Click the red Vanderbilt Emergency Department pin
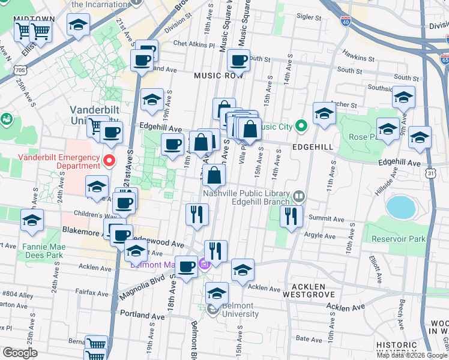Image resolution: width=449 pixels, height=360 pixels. [x=109, y=161]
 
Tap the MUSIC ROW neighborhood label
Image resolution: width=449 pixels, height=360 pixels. [x=218, y=76]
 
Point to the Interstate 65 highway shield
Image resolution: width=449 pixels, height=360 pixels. [x=445, y=59]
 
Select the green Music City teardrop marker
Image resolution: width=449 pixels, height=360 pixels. [x=301, y=126]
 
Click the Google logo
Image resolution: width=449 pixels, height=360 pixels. [x=20, y=352]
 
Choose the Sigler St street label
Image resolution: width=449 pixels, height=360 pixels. [x=310, y=18]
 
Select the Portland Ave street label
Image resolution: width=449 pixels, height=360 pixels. [x=142, y=314]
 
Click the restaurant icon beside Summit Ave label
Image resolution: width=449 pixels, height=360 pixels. [x=291, y=216]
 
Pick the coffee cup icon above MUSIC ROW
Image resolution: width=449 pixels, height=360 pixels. [x=239, y=61]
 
